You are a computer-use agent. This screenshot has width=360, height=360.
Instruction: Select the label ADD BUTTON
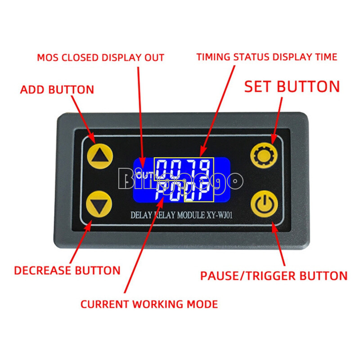[x=57, y=90]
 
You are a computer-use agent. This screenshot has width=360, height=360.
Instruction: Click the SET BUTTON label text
[x=292, y=86]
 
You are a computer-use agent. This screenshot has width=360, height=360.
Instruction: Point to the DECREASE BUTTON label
[x=67, y=270]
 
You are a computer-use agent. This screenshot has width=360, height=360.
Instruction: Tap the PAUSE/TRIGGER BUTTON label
[x=274, y=275]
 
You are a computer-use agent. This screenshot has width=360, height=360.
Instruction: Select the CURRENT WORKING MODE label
[x=149, y=304]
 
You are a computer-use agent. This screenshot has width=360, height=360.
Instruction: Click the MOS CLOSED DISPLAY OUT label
[x=100, y=58]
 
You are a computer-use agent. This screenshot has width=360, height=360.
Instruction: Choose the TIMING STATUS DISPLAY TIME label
[x=267, y=57]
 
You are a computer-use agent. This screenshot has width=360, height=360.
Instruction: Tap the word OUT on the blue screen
[x=145, y=175]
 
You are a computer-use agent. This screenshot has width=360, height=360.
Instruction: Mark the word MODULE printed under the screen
[x=189, y=215]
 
